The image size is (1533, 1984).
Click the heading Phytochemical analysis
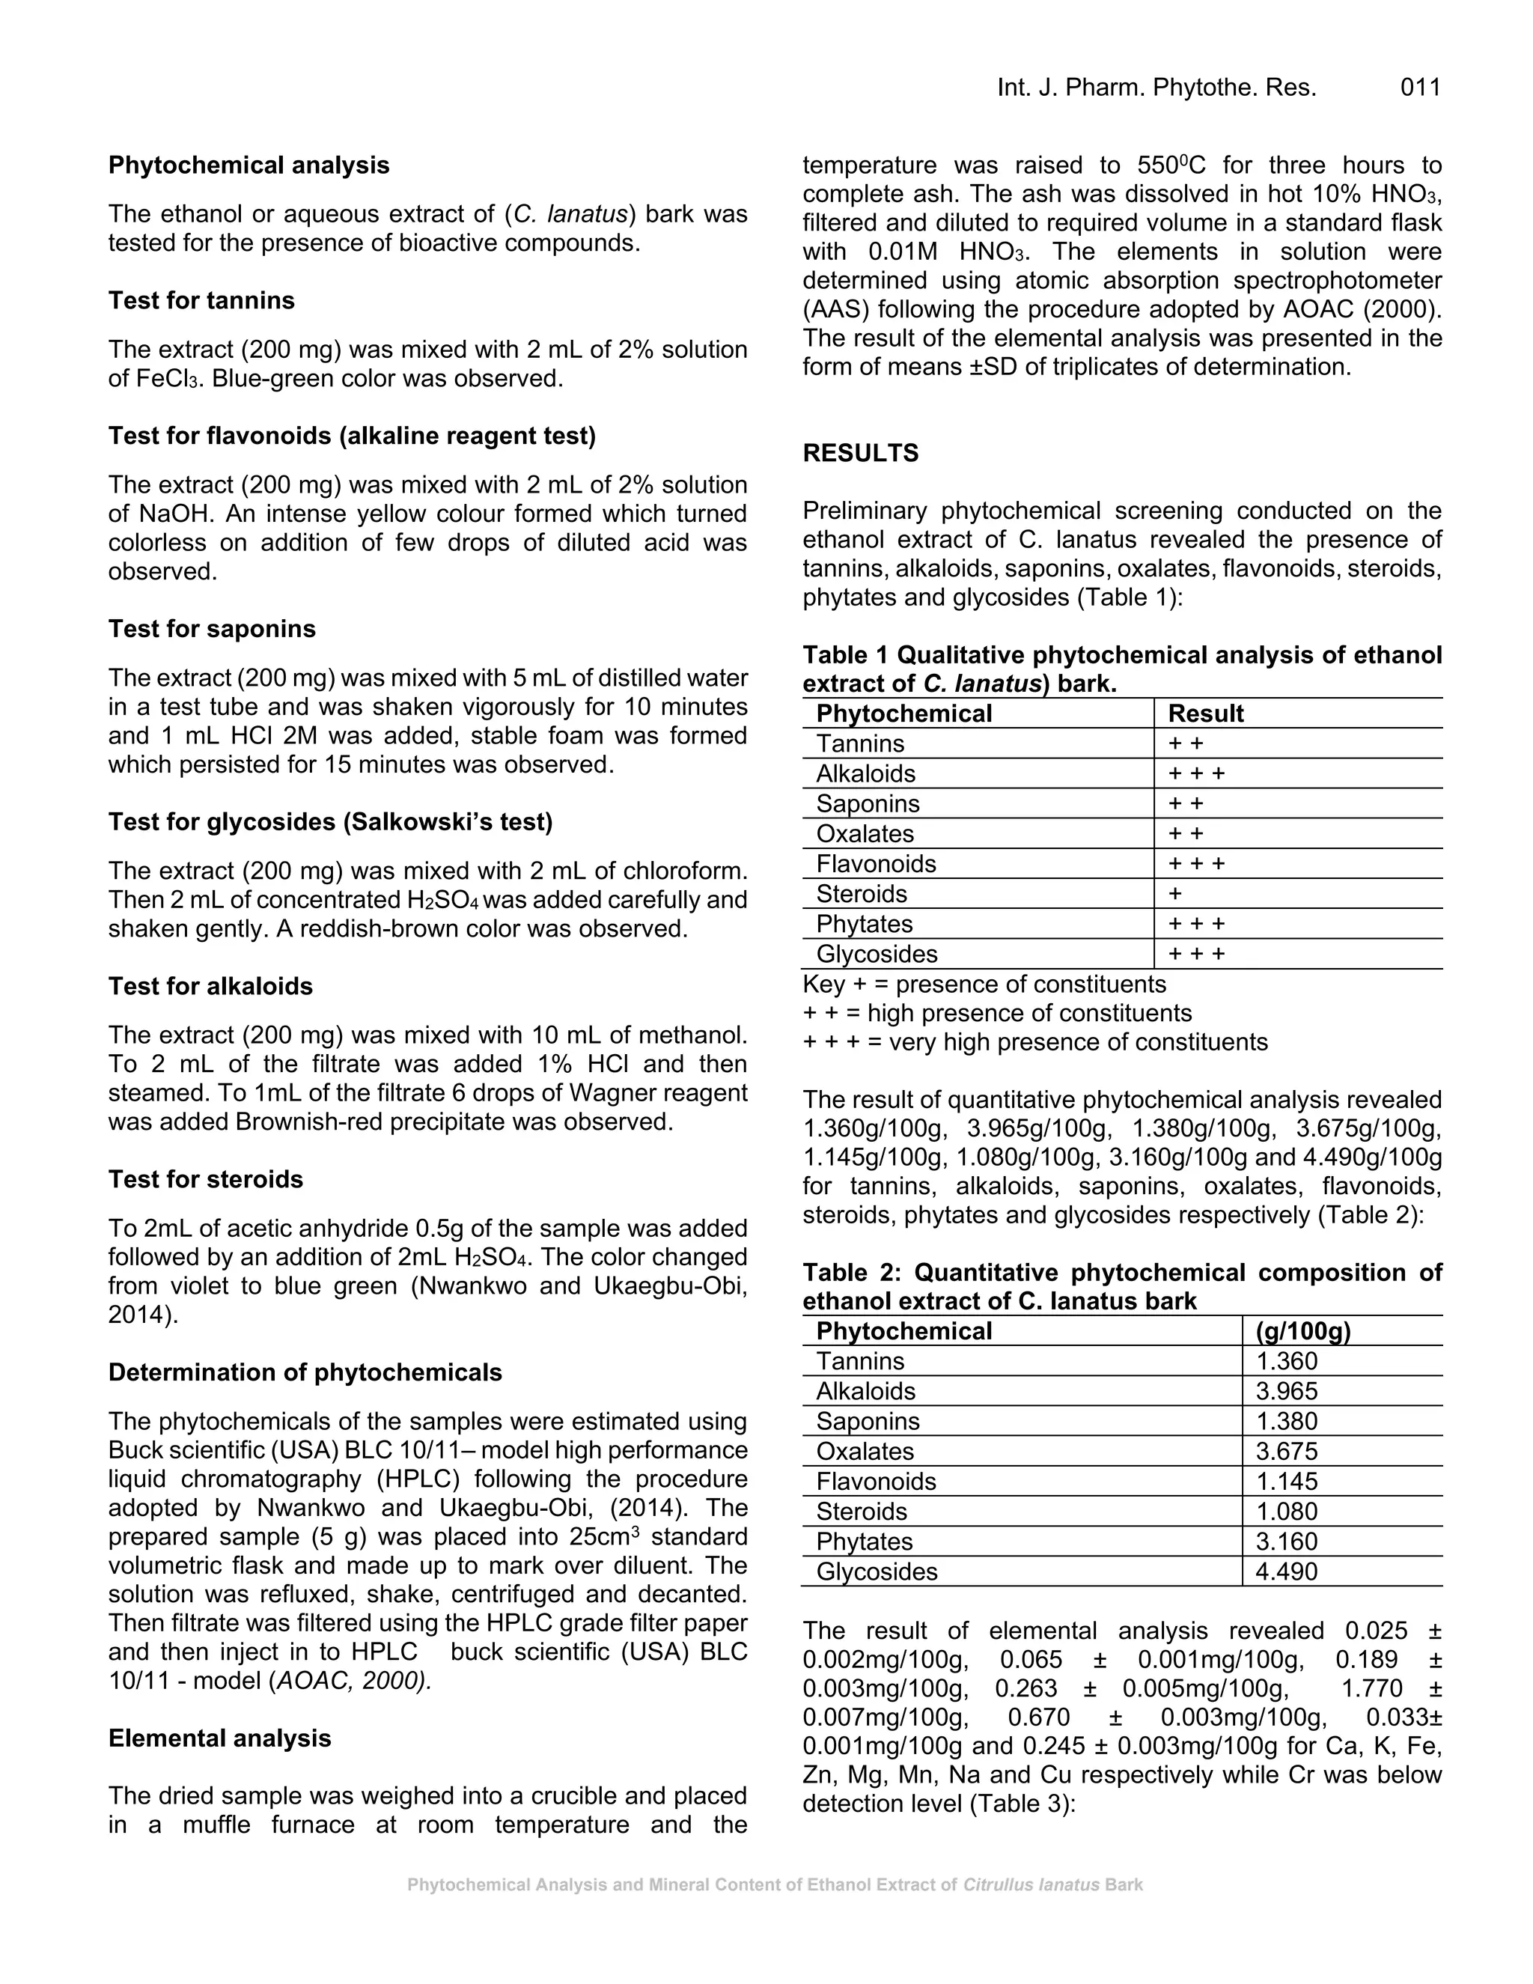click(249, 165)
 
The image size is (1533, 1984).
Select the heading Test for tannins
click(201, 301)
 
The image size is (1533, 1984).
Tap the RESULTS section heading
click(860, 453)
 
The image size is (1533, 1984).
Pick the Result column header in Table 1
click(1205, 714)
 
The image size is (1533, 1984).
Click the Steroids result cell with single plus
click(1175, 894)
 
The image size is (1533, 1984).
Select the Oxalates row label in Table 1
click(865, 834)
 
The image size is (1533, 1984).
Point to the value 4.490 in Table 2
click(1286, 1571)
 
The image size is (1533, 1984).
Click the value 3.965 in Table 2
click(1286, 1391)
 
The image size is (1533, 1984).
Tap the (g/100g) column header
click(1302, 1331)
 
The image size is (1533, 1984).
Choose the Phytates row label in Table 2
click(864, 1542)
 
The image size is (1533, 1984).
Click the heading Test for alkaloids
click(210, 987)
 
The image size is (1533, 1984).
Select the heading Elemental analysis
click(220, 1738)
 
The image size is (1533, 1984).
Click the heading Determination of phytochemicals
click(305, 1372)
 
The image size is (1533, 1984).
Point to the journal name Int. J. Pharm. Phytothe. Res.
click(1156, 88)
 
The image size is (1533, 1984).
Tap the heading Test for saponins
click(213, 629)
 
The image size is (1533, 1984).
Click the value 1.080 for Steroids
click(1286, 1512)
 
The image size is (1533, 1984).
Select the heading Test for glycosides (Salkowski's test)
click(331, 822)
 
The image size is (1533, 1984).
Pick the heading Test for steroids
click(206, 1179)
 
